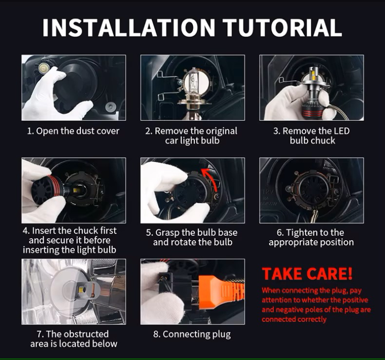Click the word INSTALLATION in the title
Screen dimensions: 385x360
[129, 27]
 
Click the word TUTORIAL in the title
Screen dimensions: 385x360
[282, 27]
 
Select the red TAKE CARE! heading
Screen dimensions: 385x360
[307, 273]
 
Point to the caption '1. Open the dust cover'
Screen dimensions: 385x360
[73, 131]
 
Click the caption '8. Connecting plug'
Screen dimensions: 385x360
[192, 334]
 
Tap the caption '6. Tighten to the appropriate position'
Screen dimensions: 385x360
[311, 237]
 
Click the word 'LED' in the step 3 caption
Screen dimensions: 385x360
[341, 131]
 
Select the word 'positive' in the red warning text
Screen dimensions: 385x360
[355, 300]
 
